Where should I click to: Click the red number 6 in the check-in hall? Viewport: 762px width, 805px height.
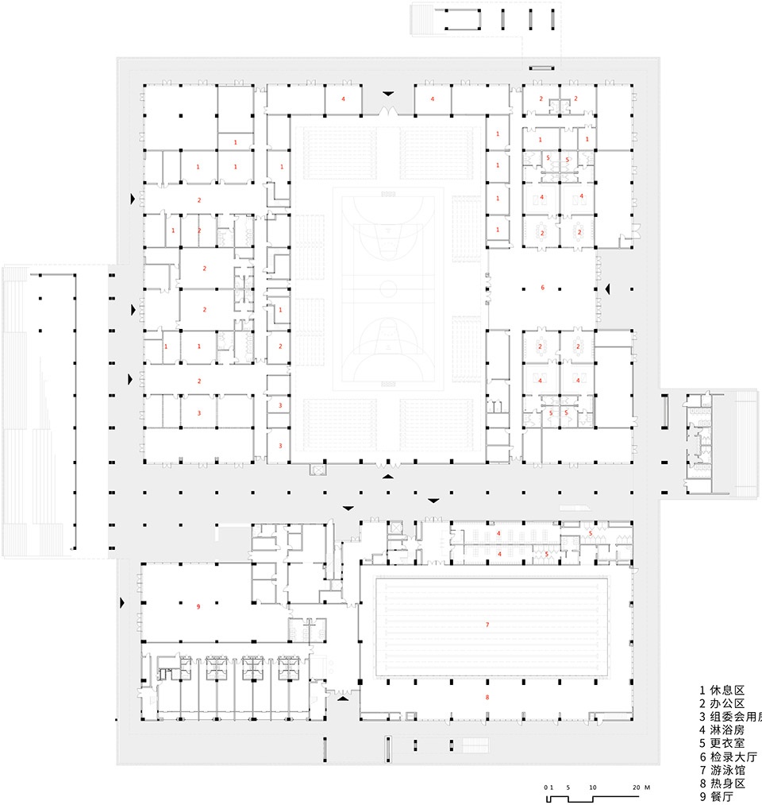[543, 287]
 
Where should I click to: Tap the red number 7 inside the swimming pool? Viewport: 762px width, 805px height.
[487, 625]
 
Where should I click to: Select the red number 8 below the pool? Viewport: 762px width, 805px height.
[487, 697]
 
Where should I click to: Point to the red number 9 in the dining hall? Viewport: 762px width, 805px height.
[198, 607]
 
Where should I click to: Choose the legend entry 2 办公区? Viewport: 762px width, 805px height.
[722, 703]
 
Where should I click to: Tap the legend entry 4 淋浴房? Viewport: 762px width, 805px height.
[722, 730]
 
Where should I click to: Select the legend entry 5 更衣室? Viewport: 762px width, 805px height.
[722, 744]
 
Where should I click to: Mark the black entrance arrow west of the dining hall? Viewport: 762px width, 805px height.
[121, 604]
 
